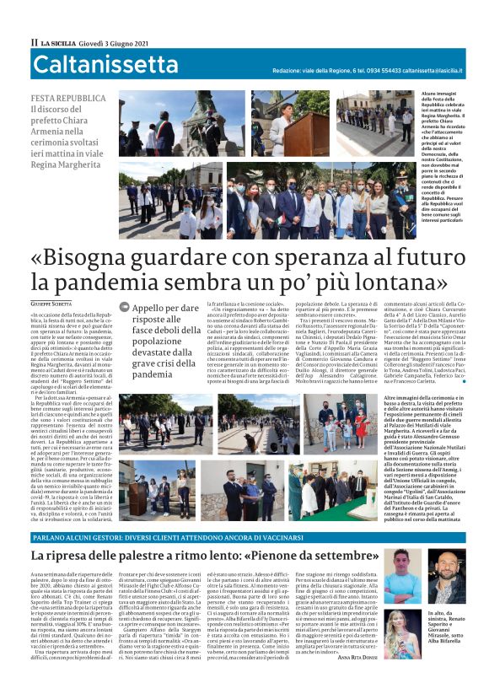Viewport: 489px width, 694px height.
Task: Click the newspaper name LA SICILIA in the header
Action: (60, 42)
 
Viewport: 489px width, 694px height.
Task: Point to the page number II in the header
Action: (35, 42)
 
